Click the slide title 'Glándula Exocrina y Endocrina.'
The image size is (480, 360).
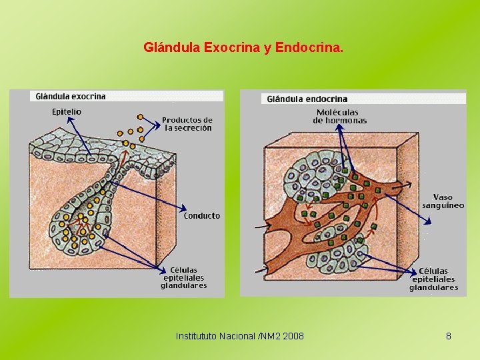pyautogui.click(x=243, y=48)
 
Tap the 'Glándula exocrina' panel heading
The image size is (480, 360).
pyautogui.click(x=70, y=96)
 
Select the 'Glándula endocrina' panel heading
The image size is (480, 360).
pyautogui.click(x=307, y=99)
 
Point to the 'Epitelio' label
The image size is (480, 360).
pyautogui.click(x=67, y=111)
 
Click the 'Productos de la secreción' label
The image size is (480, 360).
pyautogui.click(x=187, y=124)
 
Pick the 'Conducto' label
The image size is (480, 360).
pyautogui.click(x=201, y=215)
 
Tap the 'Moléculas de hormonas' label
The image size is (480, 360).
pyautogui.click(x=340, y=117)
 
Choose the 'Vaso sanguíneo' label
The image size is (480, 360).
pyautogui.click(x=443, y=201)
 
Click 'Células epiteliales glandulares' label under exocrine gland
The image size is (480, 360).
pyautogui.click(x=183, y=278)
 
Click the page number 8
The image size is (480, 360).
pyautogui.click(x=449, y=336)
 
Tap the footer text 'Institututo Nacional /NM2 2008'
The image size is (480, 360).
pyautogui.click(x=239, y=336)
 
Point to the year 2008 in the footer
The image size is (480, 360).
pyautogui.click(x=293, y=336)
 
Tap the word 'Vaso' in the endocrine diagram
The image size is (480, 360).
pyautogui.click(x=443, y=197)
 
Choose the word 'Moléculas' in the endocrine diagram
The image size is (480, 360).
pyautogui.click(x=337, y=113)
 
